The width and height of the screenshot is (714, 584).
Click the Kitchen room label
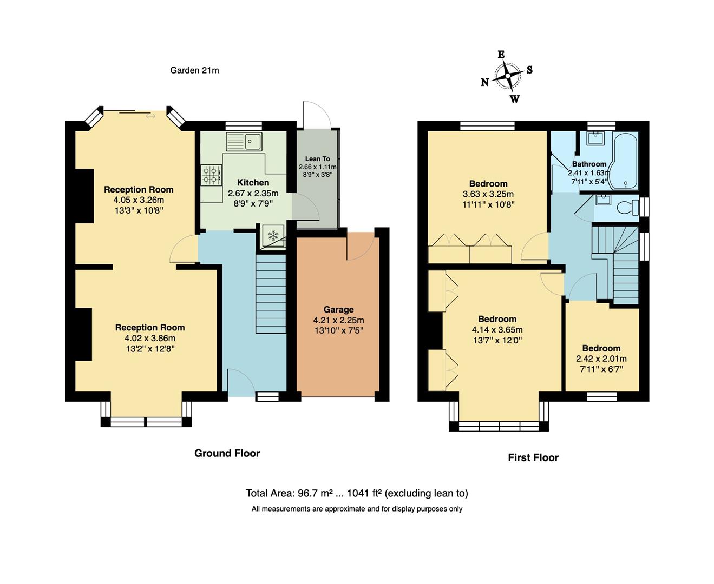pyautogui.click(x=253, y=183)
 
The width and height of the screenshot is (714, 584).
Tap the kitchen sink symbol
pyautogui.click(x=244, y=142)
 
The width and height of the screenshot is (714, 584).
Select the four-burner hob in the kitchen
pyautogui.click(x=211, y=175)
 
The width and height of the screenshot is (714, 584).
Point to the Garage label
pyautogui.click(x=338, y=310)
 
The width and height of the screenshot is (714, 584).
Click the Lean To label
pyautogui.click(x=317, y=159)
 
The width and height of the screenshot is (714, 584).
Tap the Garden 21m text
pyautogui.click(x=194, y=70)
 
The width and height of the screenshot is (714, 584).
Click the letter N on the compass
pyautogui.click(x=485, y=82)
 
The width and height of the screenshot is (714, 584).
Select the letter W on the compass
pyautogui.click(x=514, y=99)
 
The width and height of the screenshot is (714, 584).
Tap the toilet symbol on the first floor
pyautogui.click(x=627, y=207)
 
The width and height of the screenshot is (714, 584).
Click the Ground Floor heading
pyautogui.click(x=227, y=454)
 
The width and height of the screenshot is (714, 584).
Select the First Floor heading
pyautogui.click(x=533, y=458)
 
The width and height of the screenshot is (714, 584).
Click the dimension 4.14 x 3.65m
pyautogui.click(x=497, y=330)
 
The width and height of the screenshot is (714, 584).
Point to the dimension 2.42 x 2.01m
pyautogui.click(x=601, y=359)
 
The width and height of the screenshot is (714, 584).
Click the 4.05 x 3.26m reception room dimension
pyautogui.click(x=139, y=200)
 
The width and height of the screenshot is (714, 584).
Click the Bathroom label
pyautogui.click(x=589, y=164)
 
